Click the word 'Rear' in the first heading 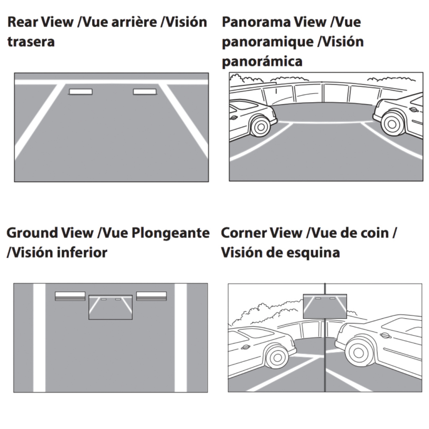tap(23, 22)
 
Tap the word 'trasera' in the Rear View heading tap(31, 41)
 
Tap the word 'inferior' tap(82, 252)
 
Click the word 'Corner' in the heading tap(243, 233)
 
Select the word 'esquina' tap(313, 253)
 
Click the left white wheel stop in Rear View tap(81, 92)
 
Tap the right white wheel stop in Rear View tap(145, 92)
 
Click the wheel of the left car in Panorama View tap(261, 127)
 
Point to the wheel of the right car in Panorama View tap(392, 124)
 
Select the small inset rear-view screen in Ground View tap(111, 307)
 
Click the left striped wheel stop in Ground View tap(70, 296)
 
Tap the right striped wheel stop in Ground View tap(151, 296)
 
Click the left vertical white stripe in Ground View tap(39, 338)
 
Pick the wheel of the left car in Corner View tap(277, 357)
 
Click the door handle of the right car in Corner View tap(385, 336)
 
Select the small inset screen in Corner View tap(325, 306)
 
